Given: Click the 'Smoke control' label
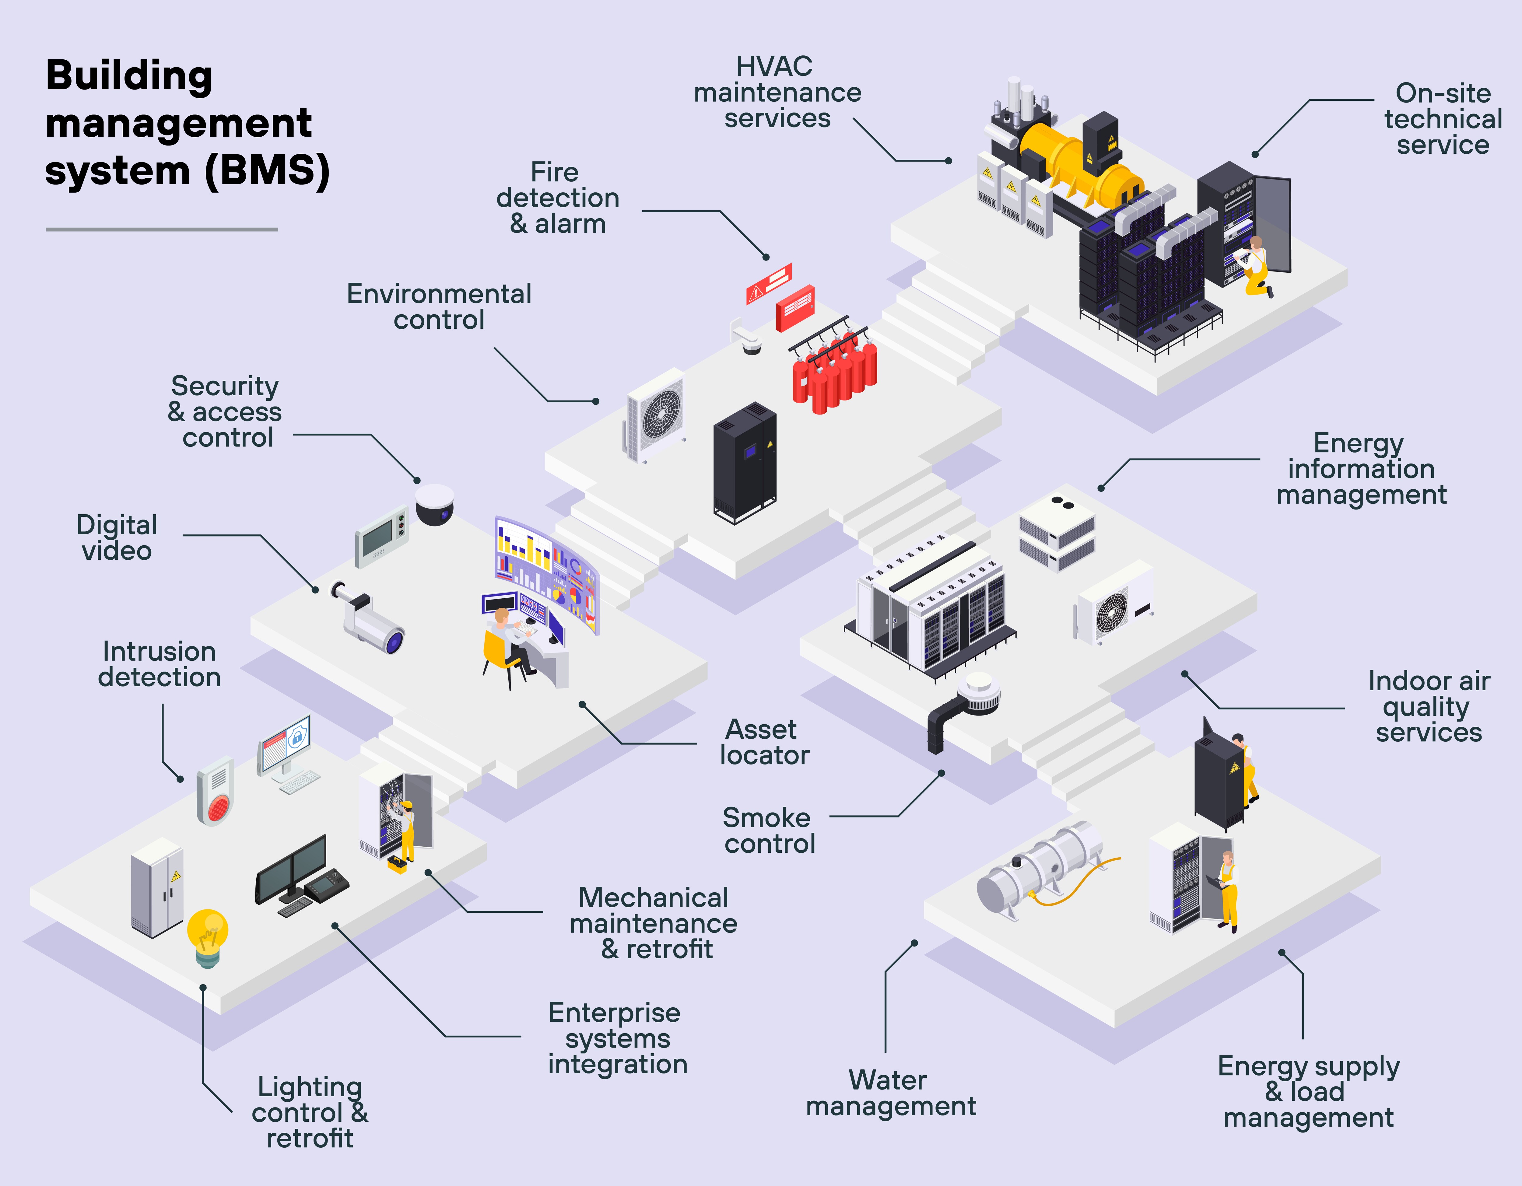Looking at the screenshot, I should pyautogui.click(x=768, y=831).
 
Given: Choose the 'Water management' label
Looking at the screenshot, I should pyautogui.click(x=890, y=1093).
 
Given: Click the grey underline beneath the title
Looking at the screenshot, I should pyautogui.click(x=162, y=229).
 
